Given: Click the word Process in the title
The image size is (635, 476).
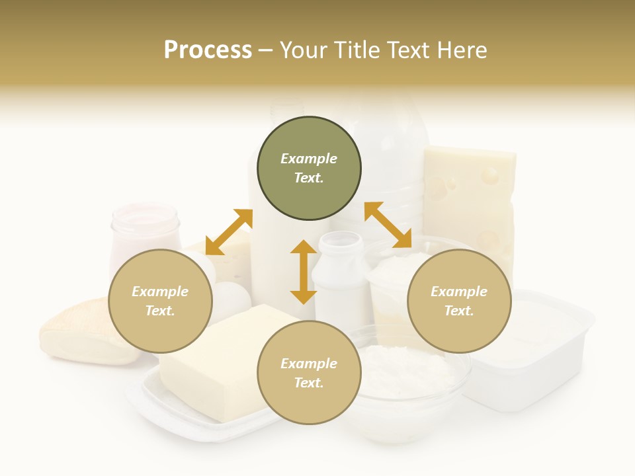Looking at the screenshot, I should (x=208, y=50).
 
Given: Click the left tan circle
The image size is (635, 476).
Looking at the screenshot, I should (x=160, y=301).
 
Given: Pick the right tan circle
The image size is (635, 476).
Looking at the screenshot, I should (x=459, y=301).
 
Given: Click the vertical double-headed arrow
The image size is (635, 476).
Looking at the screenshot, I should (x=304, y=272).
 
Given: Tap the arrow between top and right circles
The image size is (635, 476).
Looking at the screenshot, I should (x=388, y=225).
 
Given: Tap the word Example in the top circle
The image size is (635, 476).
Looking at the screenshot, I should (x=309, y=159).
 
